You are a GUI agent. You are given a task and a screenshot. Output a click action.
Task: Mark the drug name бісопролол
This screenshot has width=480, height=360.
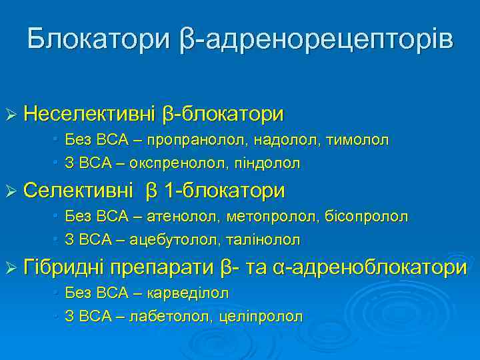pyautogui.click(x=367, y=217)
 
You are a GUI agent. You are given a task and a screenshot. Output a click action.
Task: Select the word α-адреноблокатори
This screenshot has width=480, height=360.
pyautogui.click(x=370, y=268)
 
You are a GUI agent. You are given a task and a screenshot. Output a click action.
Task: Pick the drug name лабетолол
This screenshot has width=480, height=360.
pyautogui.click(x=178, y=315)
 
